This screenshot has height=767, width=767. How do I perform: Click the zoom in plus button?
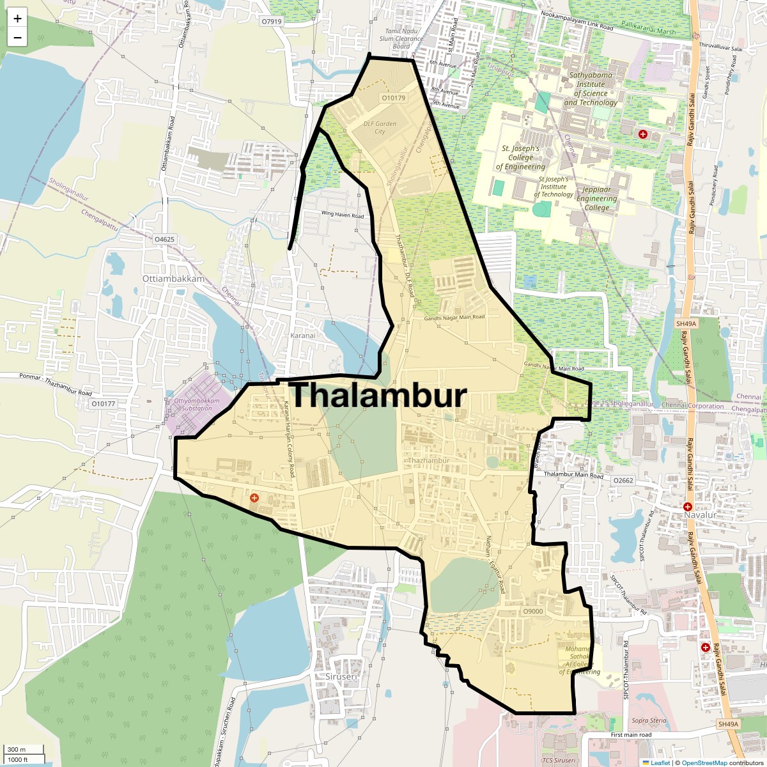coord(17,19)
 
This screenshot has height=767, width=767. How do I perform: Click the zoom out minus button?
coord(17,38)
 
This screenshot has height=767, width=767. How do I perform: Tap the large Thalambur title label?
coord(378,396)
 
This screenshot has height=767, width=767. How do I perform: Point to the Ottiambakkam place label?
coord(173,279)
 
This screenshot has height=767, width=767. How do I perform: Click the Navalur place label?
coord(700,515)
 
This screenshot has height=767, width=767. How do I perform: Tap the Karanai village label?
coord(303,336)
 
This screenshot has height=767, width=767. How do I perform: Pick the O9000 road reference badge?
coord(532,612)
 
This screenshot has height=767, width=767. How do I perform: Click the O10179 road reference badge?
coord(393,98)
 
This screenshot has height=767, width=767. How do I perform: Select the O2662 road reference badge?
coord(623,481)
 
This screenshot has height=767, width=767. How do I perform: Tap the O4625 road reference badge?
coord(164,240)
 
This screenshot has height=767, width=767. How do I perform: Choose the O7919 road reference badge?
coord(271,22)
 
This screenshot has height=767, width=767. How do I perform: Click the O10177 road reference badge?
coord(103,404)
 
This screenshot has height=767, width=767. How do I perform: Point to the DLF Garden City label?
coord(380,128)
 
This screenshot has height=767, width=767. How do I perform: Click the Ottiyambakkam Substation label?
coord(197,405)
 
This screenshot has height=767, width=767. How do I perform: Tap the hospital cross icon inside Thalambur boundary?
coord(254,497)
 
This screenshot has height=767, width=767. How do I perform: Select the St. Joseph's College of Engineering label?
coord(520,157)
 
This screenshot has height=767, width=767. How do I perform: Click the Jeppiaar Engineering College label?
coord(596,198)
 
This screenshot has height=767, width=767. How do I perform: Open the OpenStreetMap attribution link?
coord(704,763)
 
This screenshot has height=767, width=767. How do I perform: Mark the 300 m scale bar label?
coord(17,750)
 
